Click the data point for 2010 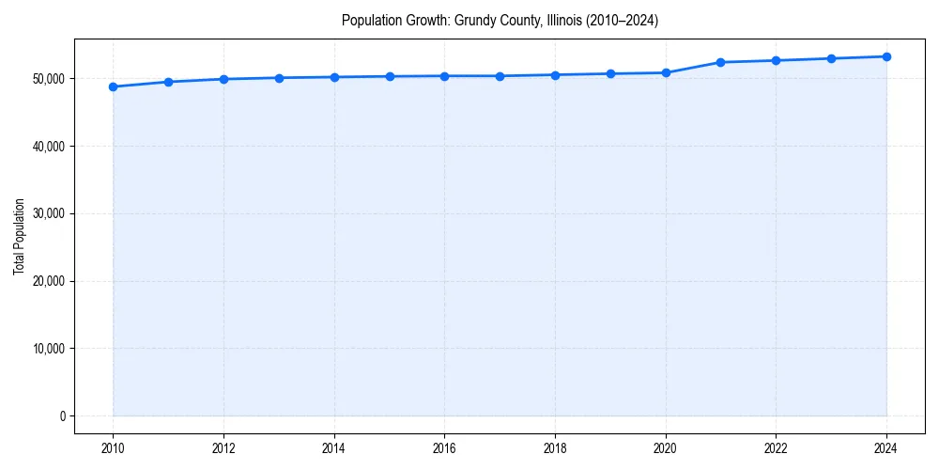coord(113,86)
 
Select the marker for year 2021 coord(720,62)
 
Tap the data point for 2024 coord(886,56)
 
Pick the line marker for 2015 coord(389,76)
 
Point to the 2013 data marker coord(279,78)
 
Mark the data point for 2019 coord(610,73)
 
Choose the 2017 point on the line coord(500,76)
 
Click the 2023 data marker coord(831,58)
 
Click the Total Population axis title coord(19,236)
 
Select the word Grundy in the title coord(475,20)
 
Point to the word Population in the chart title coord(371,20)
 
